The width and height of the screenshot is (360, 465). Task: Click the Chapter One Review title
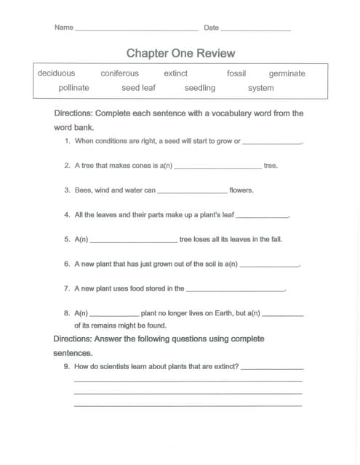[x=180, y=54]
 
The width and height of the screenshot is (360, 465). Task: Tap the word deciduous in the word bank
[x=56, y=73]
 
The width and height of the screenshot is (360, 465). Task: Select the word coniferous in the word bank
[x=119, y=73]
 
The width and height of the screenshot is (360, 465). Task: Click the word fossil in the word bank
[x=236, y=73]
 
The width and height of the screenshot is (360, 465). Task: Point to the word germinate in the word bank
[x=287, y=73]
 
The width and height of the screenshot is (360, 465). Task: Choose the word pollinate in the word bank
[x=73, y=88]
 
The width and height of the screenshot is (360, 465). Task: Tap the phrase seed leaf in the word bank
[x=138, y=88]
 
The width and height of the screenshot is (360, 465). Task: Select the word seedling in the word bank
[x=199, y=88]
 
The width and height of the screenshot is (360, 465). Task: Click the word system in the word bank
[x=260, y=88]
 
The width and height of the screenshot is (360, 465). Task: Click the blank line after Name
[x=136, y=30]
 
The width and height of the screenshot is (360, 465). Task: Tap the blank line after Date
[x=255, y=30]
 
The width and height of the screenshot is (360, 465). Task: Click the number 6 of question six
[x=67, y=264]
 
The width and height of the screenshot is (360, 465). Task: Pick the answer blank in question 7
[x=235, y=290]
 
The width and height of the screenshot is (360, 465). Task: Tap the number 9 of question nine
[x=67, y=367]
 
